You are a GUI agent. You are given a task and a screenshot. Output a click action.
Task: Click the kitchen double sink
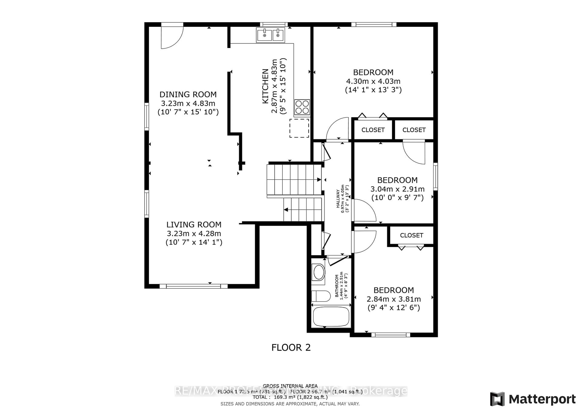271,35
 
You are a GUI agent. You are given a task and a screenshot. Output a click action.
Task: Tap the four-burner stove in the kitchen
302,107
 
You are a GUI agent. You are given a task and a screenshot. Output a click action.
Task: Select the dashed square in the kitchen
299,128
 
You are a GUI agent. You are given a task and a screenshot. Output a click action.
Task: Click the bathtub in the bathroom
331,317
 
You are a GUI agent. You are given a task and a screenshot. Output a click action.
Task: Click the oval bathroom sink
319,272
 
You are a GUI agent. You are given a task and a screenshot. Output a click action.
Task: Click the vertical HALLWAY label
338,199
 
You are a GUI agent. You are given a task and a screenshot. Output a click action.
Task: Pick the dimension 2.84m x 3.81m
394,299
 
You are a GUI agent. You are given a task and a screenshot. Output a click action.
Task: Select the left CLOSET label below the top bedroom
373,130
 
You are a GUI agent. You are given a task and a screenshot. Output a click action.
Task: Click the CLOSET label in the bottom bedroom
411,235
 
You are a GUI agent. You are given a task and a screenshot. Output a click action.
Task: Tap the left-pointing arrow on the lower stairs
286,210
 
